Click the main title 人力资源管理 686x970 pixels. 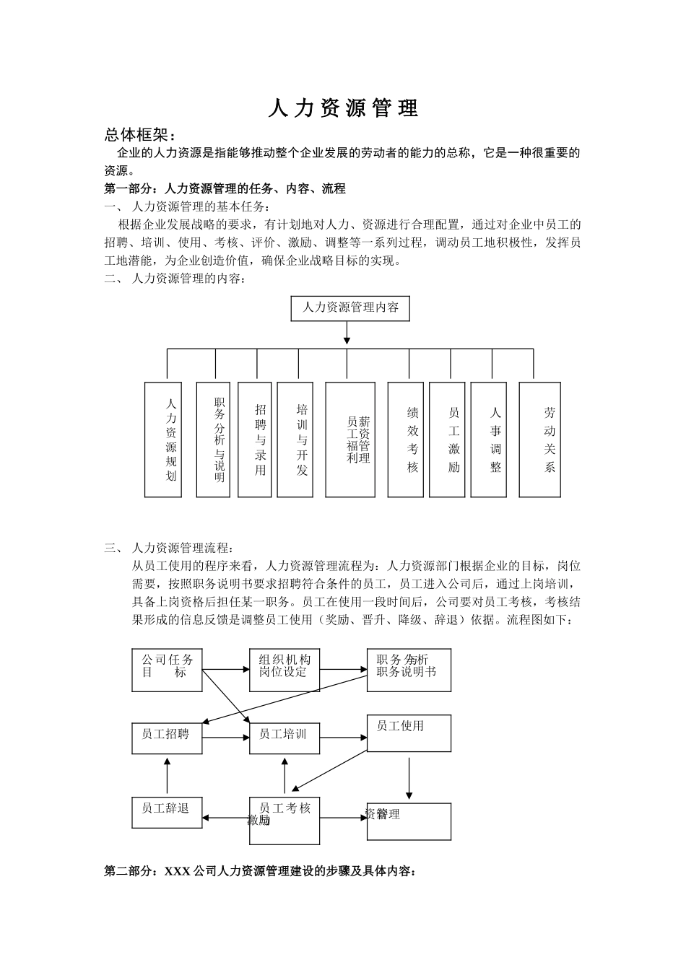pos(343,108)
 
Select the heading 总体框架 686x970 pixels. pos(140,135)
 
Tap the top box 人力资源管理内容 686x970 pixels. pos(349,308)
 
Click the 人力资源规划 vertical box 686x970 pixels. pos(163,440)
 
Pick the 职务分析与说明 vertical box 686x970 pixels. pos(213,440)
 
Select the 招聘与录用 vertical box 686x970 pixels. pos(255,440)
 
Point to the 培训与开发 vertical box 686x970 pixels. pos(295,440)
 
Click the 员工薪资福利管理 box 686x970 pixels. pos(350,440)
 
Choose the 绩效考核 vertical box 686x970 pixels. pos(405,440)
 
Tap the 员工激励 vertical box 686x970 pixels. pos(447,440)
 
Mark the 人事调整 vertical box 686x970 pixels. pos(489,440)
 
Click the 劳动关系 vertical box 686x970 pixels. pos(540,440)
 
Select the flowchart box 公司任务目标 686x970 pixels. pos(168,670)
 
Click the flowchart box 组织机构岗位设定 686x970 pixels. pos(285,670)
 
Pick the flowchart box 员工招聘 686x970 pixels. pos(167,738)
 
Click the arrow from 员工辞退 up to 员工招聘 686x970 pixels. pos(167,777)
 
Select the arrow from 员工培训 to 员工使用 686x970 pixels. pos(344,738)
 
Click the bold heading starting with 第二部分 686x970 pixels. pos(261,871)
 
